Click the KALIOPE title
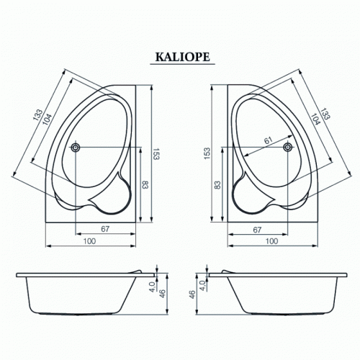pyautogui.click(x=183, y=57)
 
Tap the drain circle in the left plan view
pyautogui.click(x=76, y=147)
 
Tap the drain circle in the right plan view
pyautogui.click(x=287, y=147)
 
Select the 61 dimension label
pyautogui.click(x=269, y=140)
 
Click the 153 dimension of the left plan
pyautogui.click(x=156, y=154)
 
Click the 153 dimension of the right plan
pyautogui.click(x=207, y=153)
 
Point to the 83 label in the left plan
pyautogui.click(x=145, y=185)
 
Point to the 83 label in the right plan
pyautogui.click(x=217, y=185)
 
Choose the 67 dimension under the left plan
pyautogui.click(x=105, y=229)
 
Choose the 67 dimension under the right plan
pyautogui.click(x=257, y=230)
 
